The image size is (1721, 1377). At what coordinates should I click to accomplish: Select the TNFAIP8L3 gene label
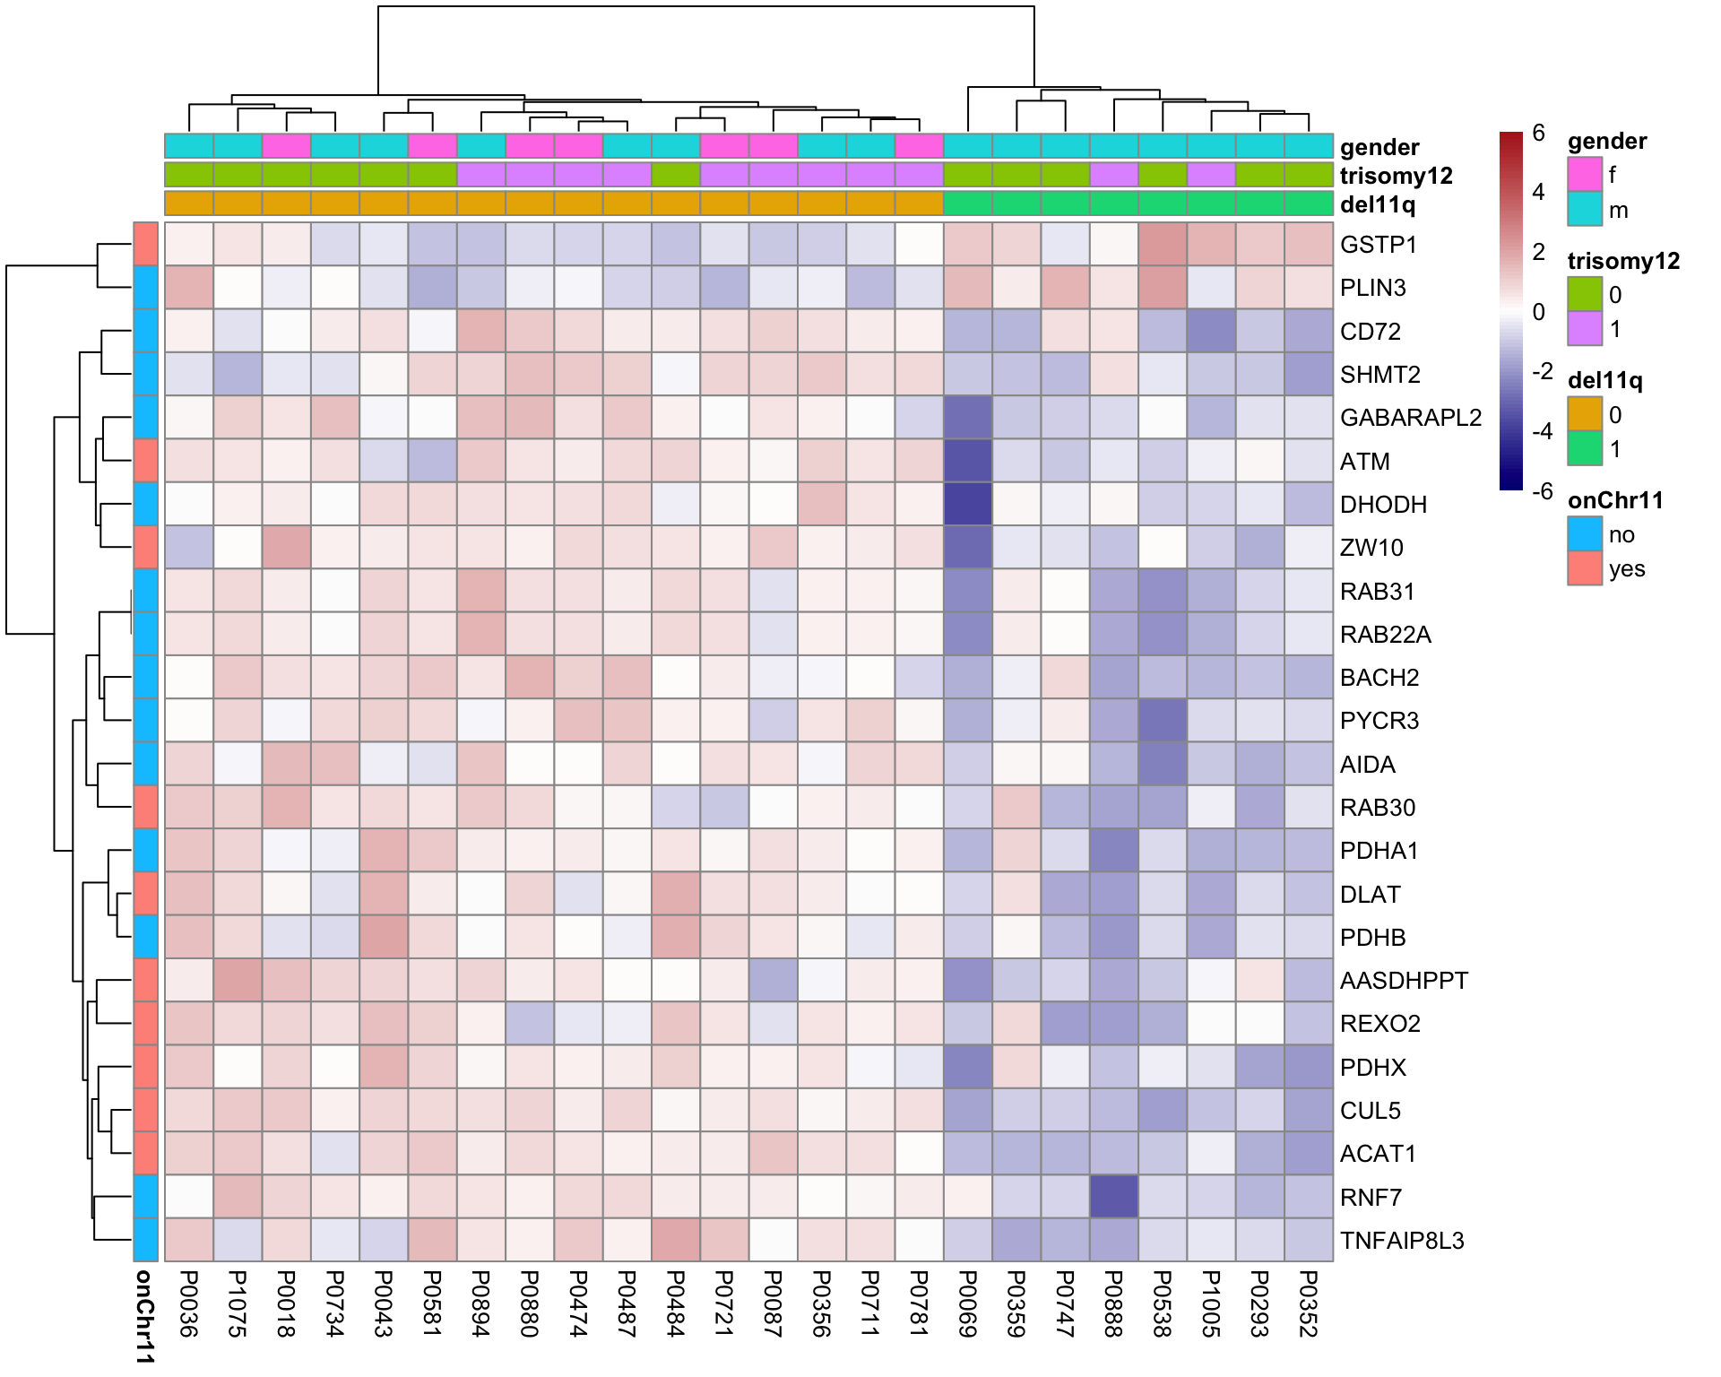(1401, 1241)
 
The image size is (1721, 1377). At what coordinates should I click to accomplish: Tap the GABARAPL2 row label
(1410, 418)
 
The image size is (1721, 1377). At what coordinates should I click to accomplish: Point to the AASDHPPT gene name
(1404, 981)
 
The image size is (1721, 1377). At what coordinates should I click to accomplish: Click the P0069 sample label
(967, 1303)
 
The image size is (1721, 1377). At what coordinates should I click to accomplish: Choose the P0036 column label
(188, 1303)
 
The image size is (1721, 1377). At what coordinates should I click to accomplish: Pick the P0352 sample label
(1308, 1303)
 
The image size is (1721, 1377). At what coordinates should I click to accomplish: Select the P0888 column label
(1113, 1303)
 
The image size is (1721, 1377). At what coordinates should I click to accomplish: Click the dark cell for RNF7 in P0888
(1113, 1197)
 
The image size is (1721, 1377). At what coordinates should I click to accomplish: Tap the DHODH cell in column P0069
(967, 504)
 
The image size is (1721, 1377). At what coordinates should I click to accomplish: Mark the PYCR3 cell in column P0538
(1162, 721)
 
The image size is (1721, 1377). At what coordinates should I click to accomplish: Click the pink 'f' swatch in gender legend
(1584, 174)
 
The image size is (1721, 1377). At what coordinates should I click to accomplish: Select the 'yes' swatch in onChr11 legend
(1584, 568)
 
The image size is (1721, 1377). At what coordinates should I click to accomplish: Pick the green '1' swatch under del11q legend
(1584, 448)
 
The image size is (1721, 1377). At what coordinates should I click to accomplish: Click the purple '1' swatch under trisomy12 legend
(1584, 328)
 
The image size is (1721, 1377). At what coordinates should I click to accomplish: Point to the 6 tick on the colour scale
(1538, 134)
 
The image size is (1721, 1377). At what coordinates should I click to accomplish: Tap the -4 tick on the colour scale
(1542, 431)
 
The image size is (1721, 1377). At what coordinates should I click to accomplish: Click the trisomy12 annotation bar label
(1396, 176)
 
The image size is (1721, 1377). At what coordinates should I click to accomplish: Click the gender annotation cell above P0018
(286, 145)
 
